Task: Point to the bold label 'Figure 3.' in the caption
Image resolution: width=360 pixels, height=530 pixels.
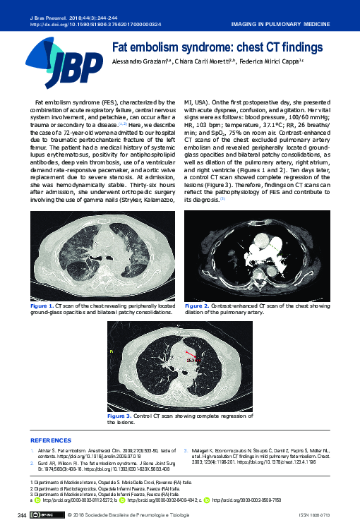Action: (x=119, y=416)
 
